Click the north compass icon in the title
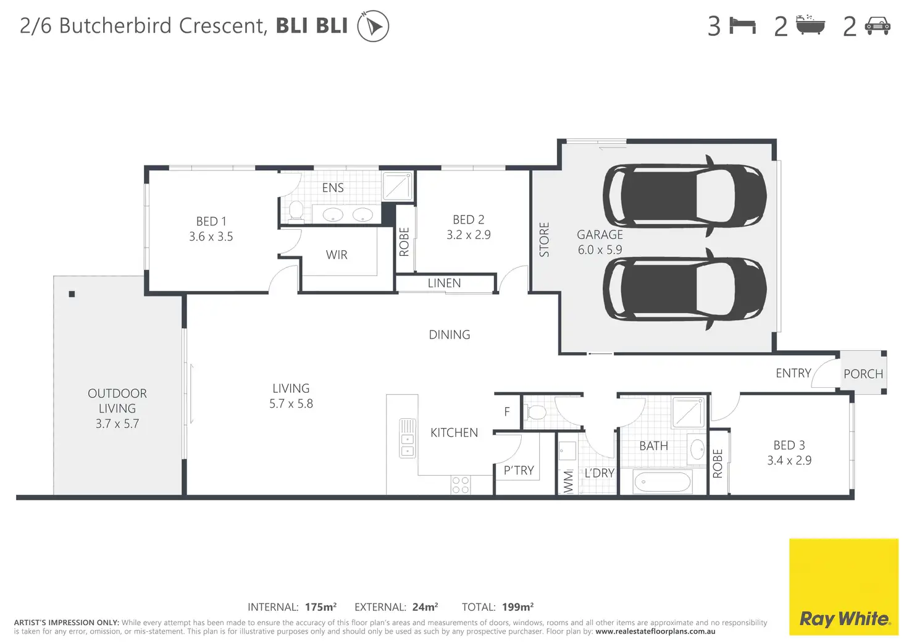click(373, 26)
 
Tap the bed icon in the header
click(742, 25)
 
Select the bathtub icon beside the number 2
click(810, 25)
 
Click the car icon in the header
click(878, 26)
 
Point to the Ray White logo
click(844, 587)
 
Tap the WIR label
click(337, 255)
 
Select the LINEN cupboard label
click(445, 283)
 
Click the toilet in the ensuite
click(296, 211)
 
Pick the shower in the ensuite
click(397, 186)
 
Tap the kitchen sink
click(408, 438)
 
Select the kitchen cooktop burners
click(461, 485)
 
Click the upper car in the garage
click(685, 196)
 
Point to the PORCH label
click(863, 374)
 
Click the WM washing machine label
click(569, 482)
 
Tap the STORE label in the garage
click(544, 240)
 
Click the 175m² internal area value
click(320, 607)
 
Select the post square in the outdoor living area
click(72, 294)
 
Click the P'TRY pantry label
click(519, 470)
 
